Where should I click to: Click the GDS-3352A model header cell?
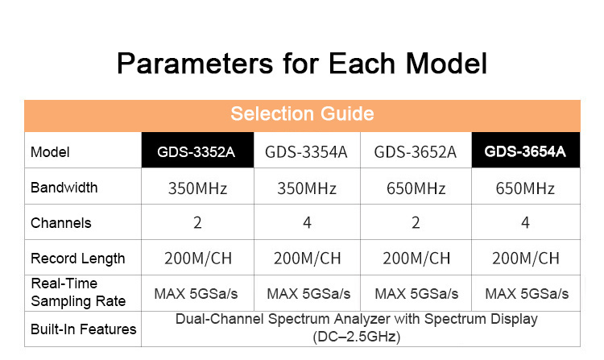(x=197, y=150)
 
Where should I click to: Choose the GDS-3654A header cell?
(x=525, y=150)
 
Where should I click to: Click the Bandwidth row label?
(x=64, y=188)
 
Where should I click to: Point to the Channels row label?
(x=61, y=223)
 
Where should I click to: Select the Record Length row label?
(x=78, y=259)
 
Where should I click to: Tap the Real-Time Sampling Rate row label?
(x=78, y=292)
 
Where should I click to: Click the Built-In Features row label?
(x=84, y=329)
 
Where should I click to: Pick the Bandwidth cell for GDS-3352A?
(x=197, y=188)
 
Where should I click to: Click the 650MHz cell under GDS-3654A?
(x=525, y=188)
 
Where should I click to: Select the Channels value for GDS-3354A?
(x=307, y=222)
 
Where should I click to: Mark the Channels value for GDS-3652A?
(x=416, y=222)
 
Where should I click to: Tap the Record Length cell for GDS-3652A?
(x=416, y=259)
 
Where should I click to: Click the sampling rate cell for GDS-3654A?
(x=527, y=294)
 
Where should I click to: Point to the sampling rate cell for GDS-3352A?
(x=196, y=294)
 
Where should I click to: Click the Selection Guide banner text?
(x=302, y=114)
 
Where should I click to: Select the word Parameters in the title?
(x=195, y=63)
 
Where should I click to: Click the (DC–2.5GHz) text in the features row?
(x=357, y=337)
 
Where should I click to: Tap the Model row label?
(x=50, y=152)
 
